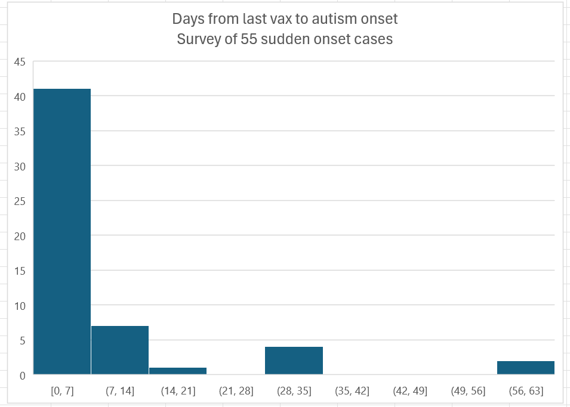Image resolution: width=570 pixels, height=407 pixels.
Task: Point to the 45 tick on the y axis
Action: [20, 61]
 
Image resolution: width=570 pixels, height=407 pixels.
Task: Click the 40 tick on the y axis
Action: [20, 97]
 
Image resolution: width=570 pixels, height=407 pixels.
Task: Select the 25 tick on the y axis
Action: [20, 201]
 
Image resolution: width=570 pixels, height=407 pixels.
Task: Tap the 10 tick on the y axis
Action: [20, 306]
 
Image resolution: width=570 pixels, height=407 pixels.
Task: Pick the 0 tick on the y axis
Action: [22, 375]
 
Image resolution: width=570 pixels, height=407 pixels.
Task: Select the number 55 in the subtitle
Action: [245, 39]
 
